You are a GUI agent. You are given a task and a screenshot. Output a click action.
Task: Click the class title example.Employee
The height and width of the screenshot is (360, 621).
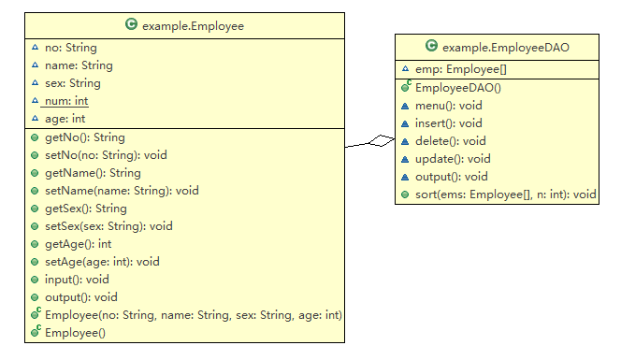point(193,26)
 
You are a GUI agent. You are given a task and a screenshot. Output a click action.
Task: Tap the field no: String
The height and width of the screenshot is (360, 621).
point(70,48)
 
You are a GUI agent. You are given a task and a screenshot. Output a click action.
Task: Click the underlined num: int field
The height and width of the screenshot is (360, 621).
point(66,101)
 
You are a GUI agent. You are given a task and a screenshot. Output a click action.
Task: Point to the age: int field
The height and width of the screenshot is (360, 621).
point(65,119)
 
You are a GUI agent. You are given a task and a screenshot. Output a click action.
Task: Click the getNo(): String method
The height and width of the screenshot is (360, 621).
point(84,137)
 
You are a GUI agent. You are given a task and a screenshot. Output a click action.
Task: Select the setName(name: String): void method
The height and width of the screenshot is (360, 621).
point(122,191)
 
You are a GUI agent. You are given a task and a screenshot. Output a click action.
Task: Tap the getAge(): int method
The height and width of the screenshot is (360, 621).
point(79,244)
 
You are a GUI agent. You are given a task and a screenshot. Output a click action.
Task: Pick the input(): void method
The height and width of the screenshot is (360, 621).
point(77,280)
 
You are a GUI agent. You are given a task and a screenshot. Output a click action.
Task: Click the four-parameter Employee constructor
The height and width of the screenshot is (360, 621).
point(193,315)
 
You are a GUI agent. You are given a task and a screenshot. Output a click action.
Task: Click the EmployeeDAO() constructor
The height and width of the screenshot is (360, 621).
point(458,88)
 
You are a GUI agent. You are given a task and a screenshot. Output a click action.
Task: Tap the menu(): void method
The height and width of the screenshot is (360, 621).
point(448,106)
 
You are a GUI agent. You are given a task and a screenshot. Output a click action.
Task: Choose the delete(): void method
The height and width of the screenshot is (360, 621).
point(450,141)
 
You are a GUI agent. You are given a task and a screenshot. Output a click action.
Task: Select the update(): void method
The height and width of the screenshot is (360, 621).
point(452,159)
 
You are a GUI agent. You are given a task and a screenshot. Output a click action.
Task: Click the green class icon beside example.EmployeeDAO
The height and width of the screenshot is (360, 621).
point(431,46)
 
